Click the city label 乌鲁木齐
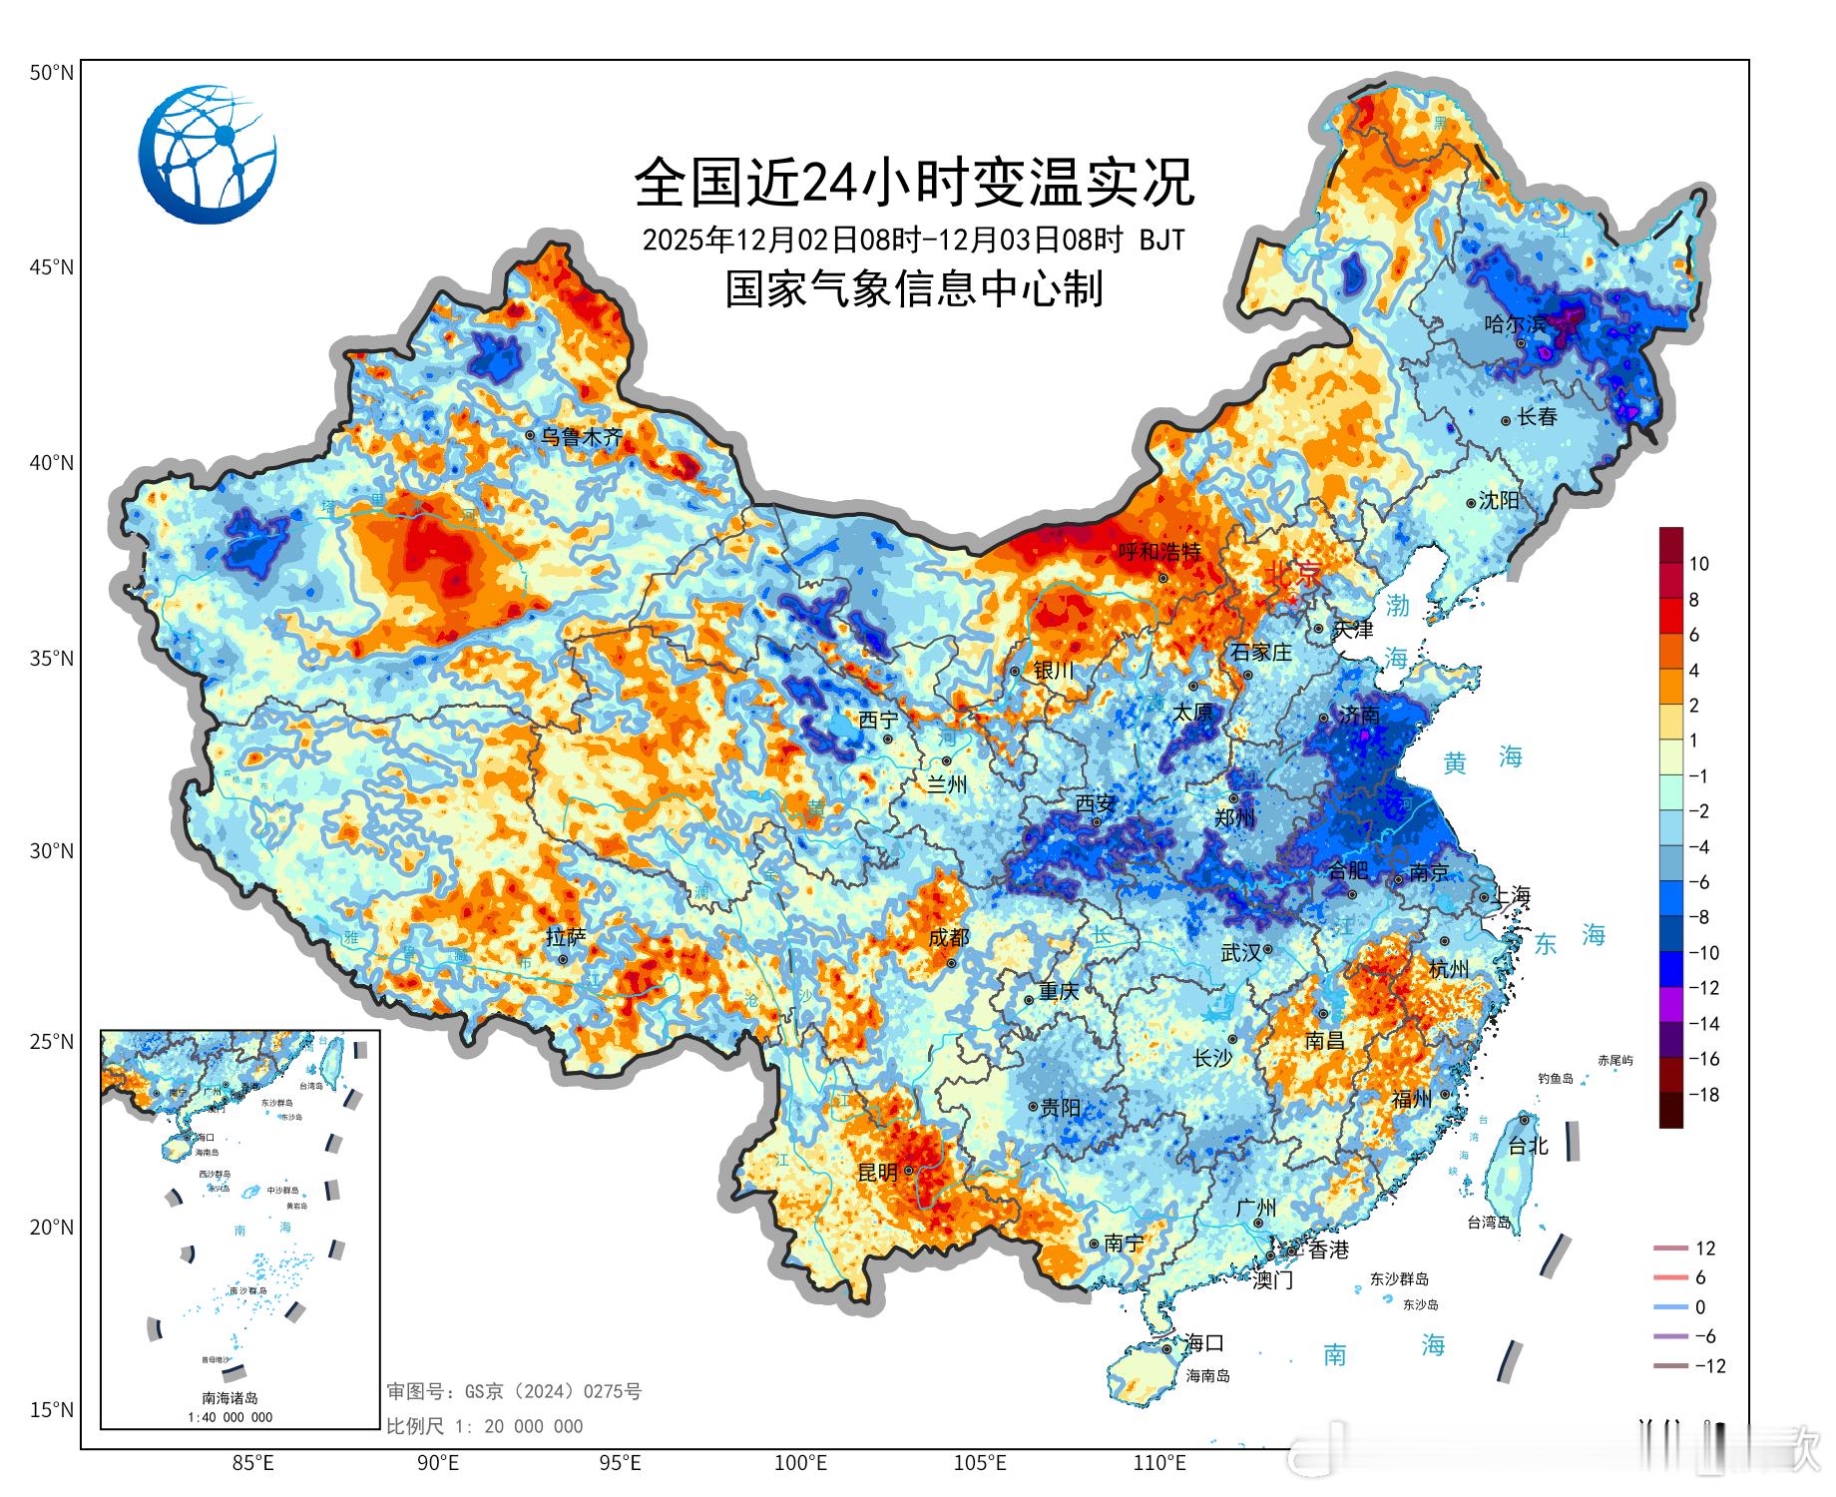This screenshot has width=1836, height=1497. coord(582,437)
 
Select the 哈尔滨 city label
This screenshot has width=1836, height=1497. coord(1515,324)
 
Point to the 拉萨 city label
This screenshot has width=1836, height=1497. coord(566,937)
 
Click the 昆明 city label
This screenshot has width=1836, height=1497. coord(878,1173)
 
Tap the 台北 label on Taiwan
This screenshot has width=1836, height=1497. coord(1528,1146)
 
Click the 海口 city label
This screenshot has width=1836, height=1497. coord(1203,1343)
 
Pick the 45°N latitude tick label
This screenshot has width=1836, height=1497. coord(51,267)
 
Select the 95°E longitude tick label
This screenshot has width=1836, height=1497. coord(620,1464)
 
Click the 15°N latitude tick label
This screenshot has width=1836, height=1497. coord(51,1410)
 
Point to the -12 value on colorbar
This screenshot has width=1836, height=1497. coord(1703,988)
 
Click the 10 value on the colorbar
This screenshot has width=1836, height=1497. coord(1698,564)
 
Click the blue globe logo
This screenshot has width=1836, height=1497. coord(208,154)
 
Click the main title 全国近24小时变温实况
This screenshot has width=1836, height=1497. coord(914,183)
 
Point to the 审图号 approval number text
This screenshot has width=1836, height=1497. coord(514,1391)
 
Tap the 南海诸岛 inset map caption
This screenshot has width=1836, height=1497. coord(229,1398)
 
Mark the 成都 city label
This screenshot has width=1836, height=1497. coord(948,937)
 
